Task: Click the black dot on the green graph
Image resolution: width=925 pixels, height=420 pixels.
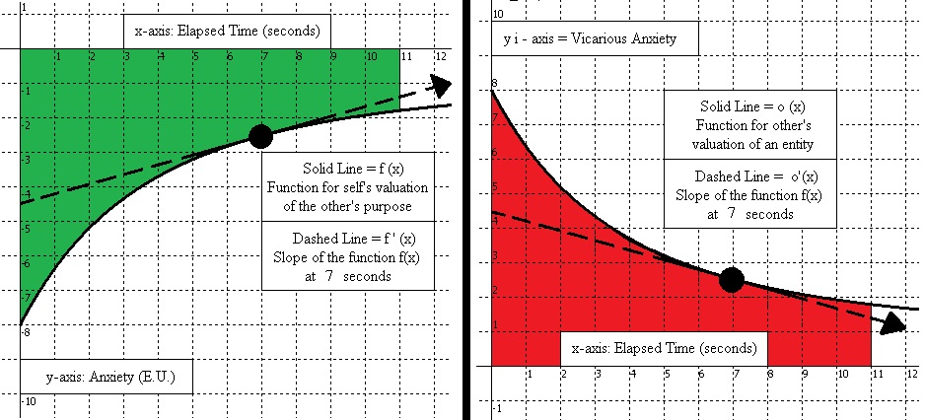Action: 260,136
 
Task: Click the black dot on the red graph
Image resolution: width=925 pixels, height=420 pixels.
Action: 731,279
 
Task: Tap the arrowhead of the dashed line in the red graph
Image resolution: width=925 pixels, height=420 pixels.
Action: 895,323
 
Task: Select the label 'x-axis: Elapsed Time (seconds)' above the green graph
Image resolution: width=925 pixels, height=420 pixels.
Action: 227,30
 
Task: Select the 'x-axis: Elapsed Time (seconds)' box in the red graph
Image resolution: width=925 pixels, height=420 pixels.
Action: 664,349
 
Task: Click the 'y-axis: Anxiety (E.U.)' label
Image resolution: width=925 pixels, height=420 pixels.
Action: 105,377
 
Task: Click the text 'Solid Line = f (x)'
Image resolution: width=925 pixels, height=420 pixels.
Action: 337,168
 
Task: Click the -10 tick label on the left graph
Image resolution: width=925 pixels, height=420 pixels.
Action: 31,402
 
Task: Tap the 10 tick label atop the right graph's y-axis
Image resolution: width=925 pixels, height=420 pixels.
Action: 498,14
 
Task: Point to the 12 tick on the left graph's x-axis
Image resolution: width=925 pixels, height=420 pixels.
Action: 439,56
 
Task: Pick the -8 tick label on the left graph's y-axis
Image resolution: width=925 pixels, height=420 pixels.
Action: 27,332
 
